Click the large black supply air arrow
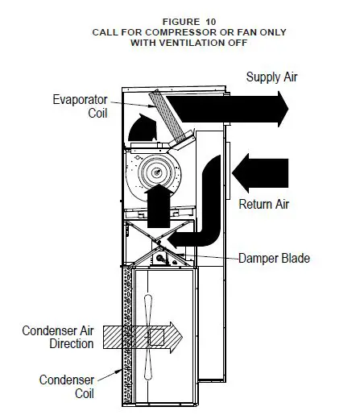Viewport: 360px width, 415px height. (x=234, y=105)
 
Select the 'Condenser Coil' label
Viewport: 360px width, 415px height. (x=69, y=386)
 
